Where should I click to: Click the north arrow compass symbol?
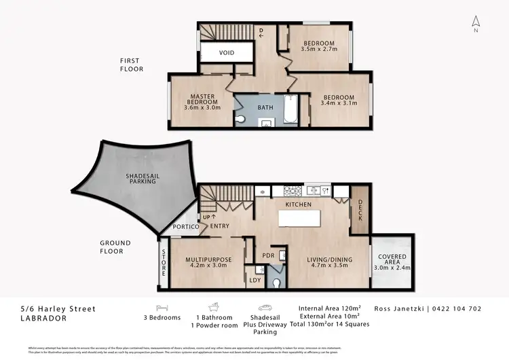coord(476,24)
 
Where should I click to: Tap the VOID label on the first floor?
coord(227,53)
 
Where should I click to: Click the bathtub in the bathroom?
coord(289,109)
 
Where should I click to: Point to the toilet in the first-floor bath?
coord(244,119)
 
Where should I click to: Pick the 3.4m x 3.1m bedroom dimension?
coord(337,103)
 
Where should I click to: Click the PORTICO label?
coord(185,227)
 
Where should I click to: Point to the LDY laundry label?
coord(255,280)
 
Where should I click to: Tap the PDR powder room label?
coord(268,256)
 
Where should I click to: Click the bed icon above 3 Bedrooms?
coord(162,307)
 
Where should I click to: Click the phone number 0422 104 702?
coord(457,308)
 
